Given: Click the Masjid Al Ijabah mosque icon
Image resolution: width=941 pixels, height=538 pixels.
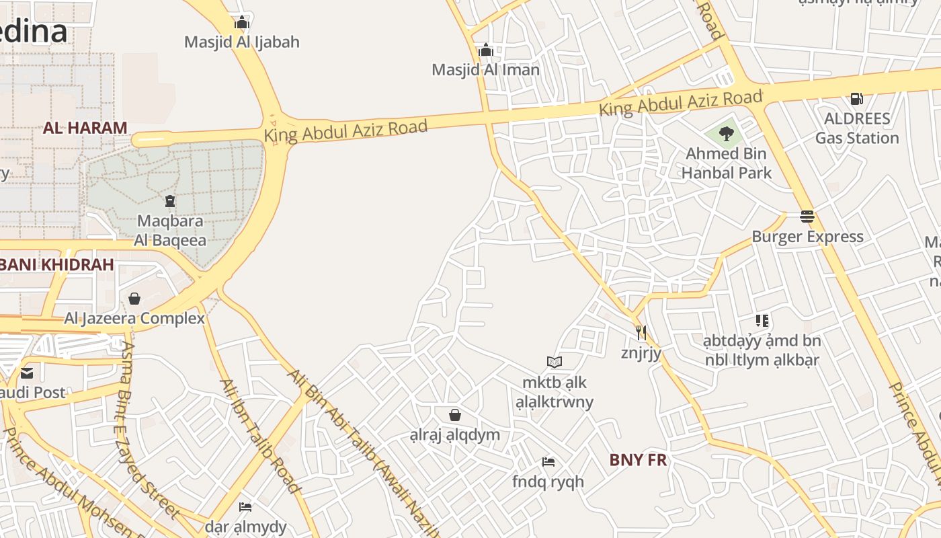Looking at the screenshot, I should pyautogui.click(x=242, y=23).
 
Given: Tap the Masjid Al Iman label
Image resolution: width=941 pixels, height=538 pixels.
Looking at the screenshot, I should pyautogui.click(x=485, y=70).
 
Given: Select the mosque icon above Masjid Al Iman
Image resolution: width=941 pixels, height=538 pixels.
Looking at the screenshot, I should pyautogui.click(x=485, y=50).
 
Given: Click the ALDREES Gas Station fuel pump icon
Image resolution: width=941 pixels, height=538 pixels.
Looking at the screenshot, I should pyautogui.click(x=857, y=99).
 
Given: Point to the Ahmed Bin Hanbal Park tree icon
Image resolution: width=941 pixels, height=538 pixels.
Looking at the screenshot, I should pyautogui.click(x=726, y=134).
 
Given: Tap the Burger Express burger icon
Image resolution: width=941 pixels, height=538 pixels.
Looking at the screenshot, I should pyautogui.click(x=807, y=217).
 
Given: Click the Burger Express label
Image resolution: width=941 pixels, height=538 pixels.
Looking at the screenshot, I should pyautogui.click(x=807, y=237).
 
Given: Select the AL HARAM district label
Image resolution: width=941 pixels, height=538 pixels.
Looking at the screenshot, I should pyautogui.click(x=85, y=128).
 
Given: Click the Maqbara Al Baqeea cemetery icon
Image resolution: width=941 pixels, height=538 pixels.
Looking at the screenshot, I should pyautogui.click(x=169, y=200).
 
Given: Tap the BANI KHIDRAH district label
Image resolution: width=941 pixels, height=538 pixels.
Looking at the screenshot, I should pyautogui.click(x=56, y=265).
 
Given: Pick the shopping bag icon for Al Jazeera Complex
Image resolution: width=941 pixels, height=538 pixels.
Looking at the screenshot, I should pyautogui.click(x=134, y=299).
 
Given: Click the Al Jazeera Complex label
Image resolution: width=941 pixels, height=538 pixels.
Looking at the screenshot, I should pyautogui.click(x=134, y=318).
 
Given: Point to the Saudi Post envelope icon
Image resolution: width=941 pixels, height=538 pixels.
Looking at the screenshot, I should pyautogui.click(x=27, y=373).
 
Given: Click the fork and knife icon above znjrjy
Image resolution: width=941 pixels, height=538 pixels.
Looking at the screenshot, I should pyautogui.click(x=641, y=332).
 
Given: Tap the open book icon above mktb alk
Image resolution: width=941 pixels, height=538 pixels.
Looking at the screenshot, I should pyautogui.click(x=555, y=362).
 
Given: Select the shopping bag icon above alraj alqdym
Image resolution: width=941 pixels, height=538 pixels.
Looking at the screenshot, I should pyautogui.click(x=455, y=414).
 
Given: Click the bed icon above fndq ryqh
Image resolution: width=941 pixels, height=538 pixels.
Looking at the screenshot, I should pyautogui.click(x=548, y=462).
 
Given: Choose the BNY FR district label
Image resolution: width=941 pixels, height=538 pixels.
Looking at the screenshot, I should pyautogui.click(x=638, y=461).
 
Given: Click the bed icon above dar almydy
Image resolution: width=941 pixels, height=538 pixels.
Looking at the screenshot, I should pyautogui.click(x=245, y=506).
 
